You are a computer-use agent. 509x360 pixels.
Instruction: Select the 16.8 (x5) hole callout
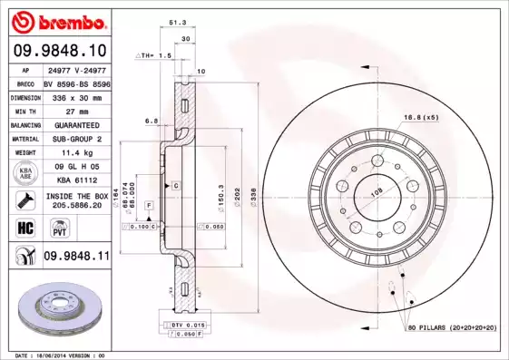tap(421, 117)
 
